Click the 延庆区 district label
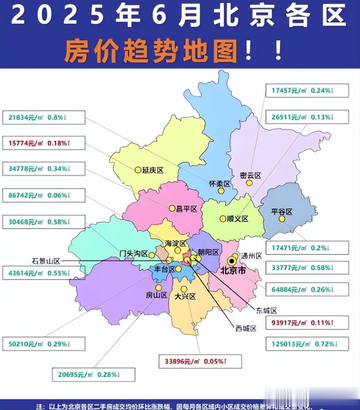[153, 170]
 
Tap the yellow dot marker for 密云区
[249, 183]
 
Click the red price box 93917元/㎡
[307, 322]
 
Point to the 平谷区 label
[282, 212]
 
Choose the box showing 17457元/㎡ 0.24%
[307, 91]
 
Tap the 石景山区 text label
[45, 261]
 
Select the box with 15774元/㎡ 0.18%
[44, 143]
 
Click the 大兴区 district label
[185, 297]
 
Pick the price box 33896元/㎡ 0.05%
[200, 361]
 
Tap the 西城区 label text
[246, 329]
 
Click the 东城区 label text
[267, 311]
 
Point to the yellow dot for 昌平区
[172, 208]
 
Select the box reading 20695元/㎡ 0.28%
[93, 374]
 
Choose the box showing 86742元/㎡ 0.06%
[44, 195]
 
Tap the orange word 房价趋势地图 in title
[151, 52]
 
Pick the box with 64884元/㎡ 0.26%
[307, 290]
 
